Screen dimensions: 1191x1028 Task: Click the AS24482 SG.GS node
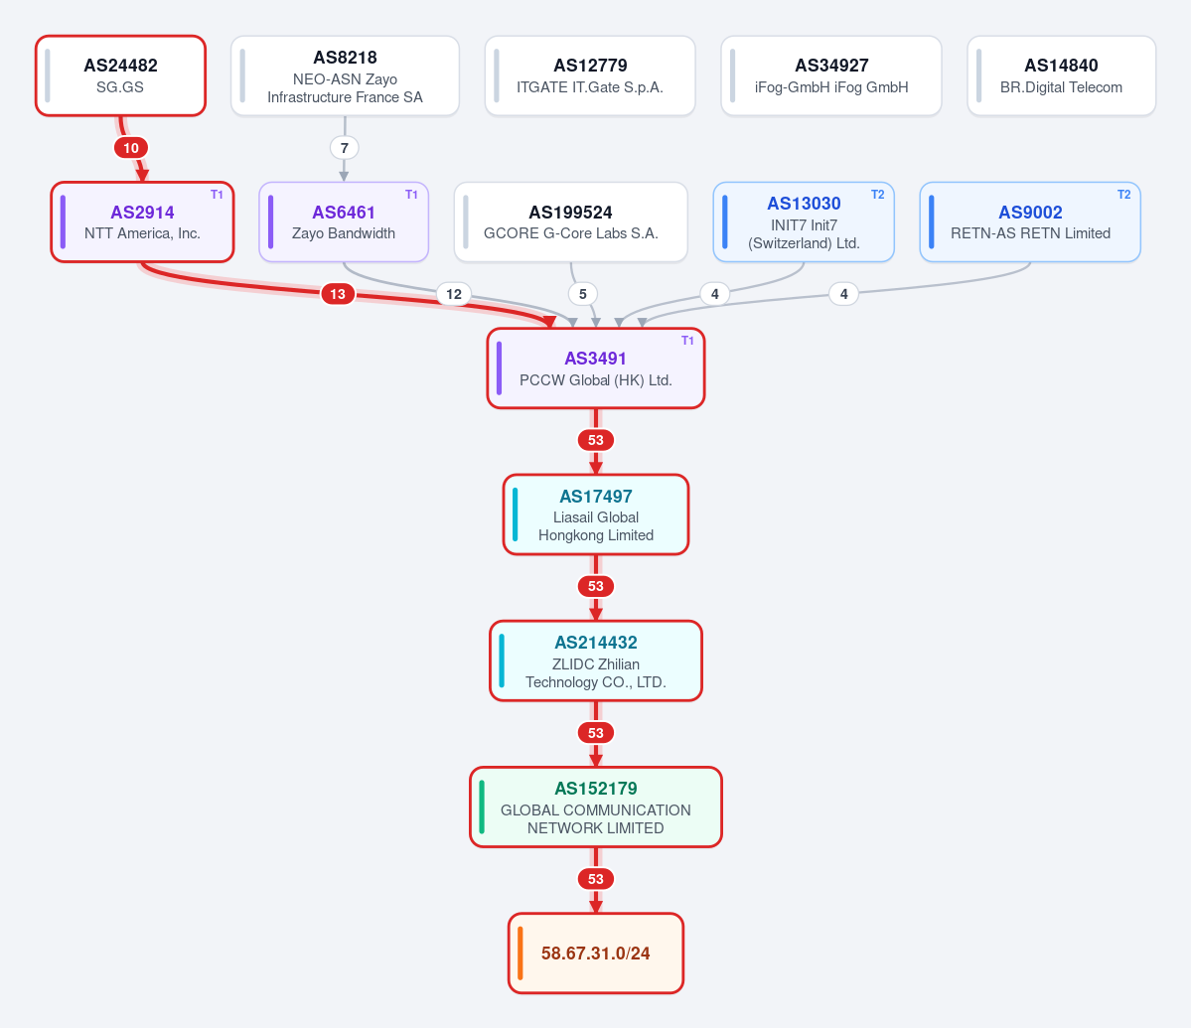121,75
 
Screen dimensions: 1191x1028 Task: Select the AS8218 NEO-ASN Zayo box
345,75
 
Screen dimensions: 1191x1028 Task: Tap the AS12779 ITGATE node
590,75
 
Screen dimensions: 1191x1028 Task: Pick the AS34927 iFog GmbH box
831,75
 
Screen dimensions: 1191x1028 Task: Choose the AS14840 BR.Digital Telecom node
1061,75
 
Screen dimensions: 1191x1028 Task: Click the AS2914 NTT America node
143,221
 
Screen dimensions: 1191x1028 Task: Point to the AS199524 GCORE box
570,221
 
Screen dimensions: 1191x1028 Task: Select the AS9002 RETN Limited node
1030,221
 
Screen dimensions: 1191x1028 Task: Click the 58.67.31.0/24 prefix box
596,953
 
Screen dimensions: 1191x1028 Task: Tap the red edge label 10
131,148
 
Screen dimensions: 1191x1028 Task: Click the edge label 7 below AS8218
344,148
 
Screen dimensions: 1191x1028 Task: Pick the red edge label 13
338,294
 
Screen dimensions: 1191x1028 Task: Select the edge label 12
454,294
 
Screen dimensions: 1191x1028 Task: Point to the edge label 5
583,294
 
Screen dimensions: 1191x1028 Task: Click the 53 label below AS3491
596,440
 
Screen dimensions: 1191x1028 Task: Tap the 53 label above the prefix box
596,879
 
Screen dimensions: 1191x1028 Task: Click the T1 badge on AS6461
411,195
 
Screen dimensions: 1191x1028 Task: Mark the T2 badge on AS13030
877,195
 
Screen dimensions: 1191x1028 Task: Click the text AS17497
596,497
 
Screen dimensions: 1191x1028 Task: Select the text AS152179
596,789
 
